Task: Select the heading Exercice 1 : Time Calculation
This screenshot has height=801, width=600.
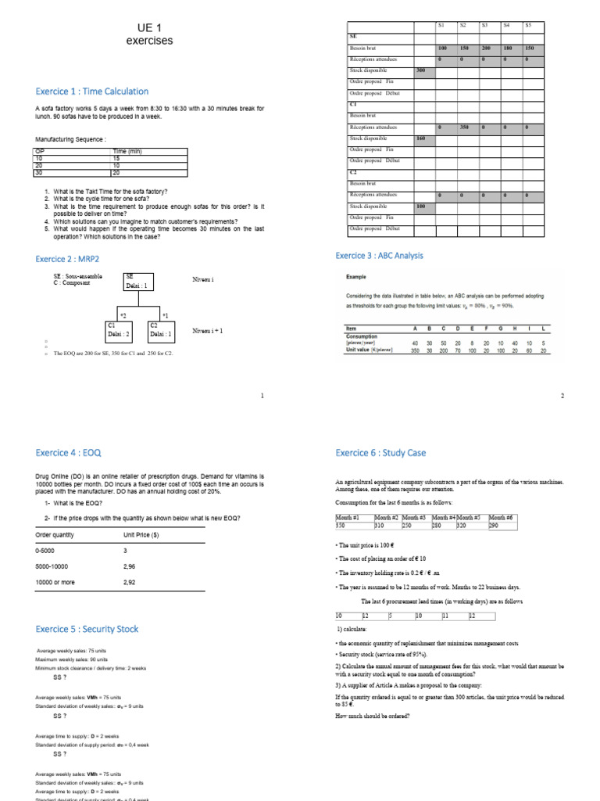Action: (x=92, y=92)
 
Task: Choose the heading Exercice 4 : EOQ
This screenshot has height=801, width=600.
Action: (x=69, y=452)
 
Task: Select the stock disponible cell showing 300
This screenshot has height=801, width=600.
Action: (x=420, y=70)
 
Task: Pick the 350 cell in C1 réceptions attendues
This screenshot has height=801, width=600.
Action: (x=462, y=127)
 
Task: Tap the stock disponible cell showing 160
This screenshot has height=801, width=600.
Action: (x=420, y=138)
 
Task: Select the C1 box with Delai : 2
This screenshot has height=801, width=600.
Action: (x=119, y=330)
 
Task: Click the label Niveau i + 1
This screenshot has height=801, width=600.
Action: (x=209, y=331)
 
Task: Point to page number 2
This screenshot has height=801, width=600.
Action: (x=562, y=396)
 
